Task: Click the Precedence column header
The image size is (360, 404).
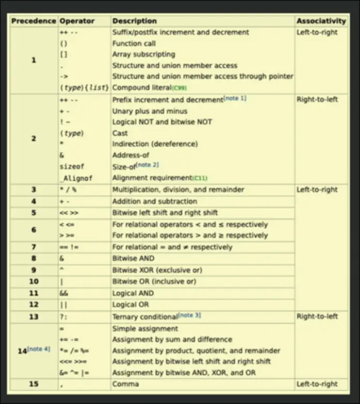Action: pyautogui.click(x=33, y=21)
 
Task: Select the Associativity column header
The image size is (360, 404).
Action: pyautogui.click(x=321, y=21)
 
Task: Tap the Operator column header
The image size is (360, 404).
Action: pyautogui.click(x=77, y=21)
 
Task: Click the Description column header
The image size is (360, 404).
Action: pyautogui.click(x=134, y=21)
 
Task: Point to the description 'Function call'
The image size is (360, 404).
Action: pyautogui.click(x=134, y=43)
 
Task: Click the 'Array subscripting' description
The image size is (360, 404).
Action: pyautogui.click(x=143, y=54)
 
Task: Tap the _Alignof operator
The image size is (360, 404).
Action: pyautogui.click(x=76, y=178)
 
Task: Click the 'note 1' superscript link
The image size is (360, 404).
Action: pyautogui.click(x=235, y=98)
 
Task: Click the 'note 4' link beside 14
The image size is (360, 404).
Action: pyautogui.click(x=39, y=348)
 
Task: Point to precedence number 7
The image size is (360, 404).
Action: pyautogui.click(x=33, y=247)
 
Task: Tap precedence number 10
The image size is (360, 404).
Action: pyautogui.click(x=33, y=281)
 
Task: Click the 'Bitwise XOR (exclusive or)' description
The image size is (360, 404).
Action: pyautogui.click(x=157, y=270)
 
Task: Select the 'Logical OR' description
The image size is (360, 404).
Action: pyautogui.click(x=130, y=305)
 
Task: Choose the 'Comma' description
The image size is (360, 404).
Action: pyautogui.click(x=125, y=384)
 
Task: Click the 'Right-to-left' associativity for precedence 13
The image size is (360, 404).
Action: pyautogui.click(x=317, y=316)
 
